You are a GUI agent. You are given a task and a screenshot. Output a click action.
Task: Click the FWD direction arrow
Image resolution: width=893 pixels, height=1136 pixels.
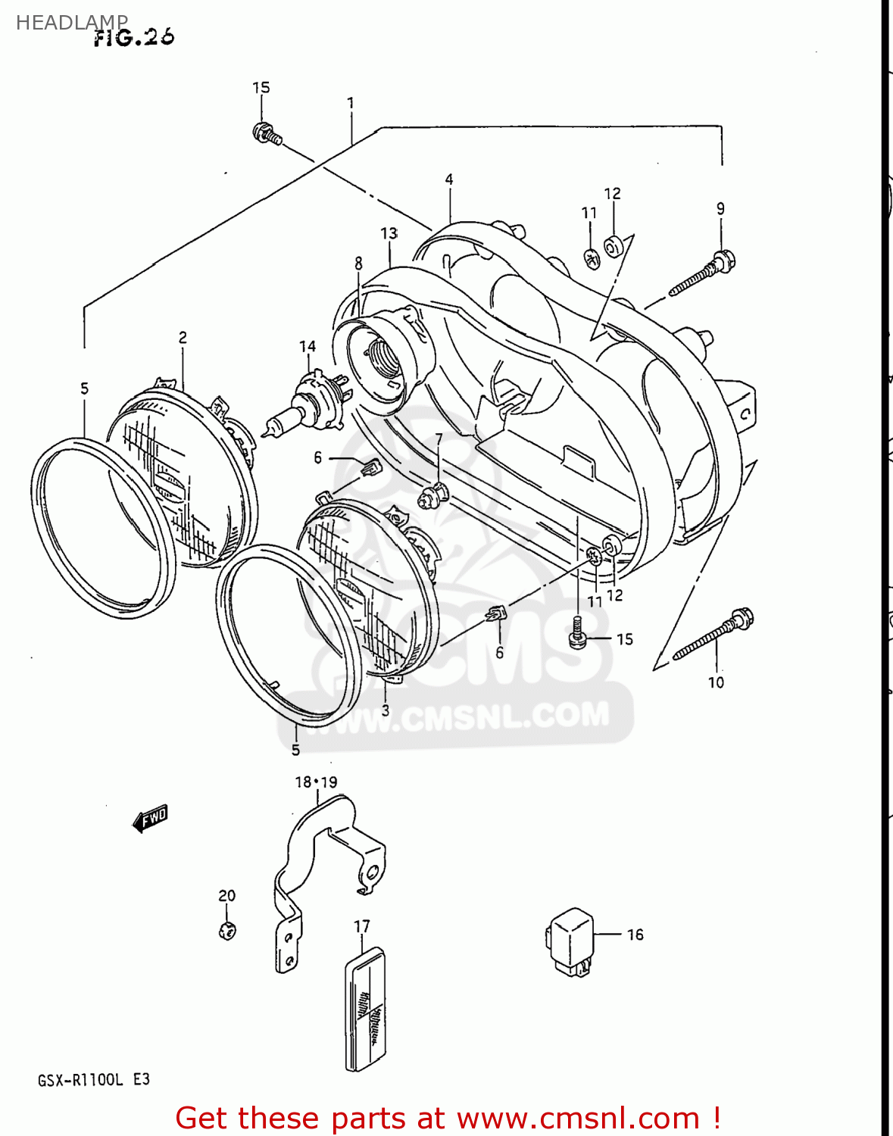150,818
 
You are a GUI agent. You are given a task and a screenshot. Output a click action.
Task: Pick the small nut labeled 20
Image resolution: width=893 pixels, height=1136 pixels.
227,930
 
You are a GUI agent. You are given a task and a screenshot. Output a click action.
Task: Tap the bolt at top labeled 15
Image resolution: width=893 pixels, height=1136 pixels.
267,134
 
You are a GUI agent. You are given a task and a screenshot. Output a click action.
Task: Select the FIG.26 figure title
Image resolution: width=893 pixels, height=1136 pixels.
134,37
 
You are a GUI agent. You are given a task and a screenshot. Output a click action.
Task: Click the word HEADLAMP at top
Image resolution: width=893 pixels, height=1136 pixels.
71,23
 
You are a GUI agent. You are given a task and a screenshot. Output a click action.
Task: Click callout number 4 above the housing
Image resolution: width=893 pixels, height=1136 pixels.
449,179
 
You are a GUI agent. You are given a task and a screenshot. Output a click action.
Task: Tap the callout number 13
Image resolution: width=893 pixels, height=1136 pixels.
389,233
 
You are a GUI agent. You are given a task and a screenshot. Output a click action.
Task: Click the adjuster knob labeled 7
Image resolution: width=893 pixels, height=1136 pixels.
432,497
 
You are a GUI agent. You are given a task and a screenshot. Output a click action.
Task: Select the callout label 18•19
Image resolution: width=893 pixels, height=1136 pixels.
316,782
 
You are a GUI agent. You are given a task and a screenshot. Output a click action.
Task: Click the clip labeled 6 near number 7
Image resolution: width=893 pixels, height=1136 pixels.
371,469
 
